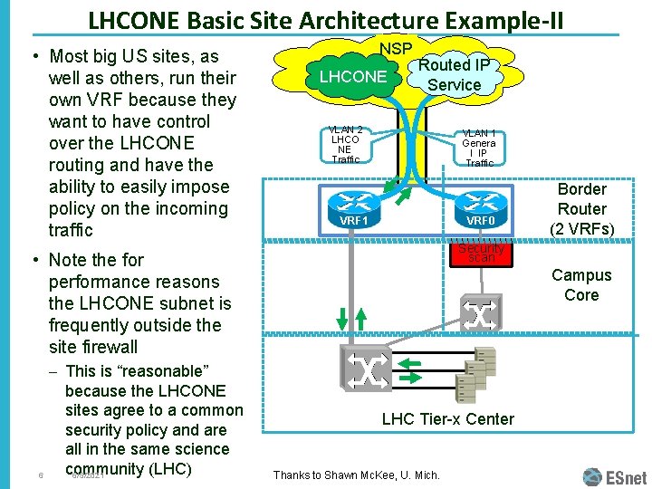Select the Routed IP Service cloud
[454, 74]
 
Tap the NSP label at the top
[396, 48]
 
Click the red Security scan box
[481, 253]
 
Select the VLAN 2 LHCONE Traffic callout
[345, 145]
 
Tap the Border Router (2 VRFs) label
[581, 209]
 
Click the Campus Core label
[581, 285]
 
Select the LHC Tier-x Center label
[447, 418]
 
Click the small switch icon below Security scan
[480, 312]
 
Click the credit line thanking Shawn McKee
[356, 475]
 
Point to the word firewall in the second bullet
[107, 347]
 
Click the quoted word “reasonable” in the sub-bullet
[158, 370]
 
